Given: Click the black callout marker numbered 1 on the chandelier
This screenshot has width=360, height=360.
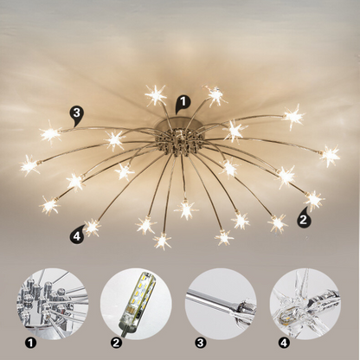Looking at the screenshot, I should point(181,102).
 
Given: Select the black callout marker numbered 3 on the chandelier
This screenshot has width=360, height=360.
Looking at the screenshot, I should point(78,112).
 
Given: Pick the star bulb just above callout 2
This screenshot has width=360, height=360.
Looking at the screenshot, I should point(313,200).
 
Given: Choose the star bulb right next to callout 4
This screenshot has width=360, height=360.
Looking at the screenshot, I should point(93,227).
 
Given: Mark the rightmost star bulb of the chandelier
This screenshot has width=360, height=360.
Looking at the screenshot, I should point(330,156).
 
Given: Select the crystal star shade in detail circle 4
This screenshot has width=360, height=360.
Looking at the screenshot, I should point(303,301).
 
